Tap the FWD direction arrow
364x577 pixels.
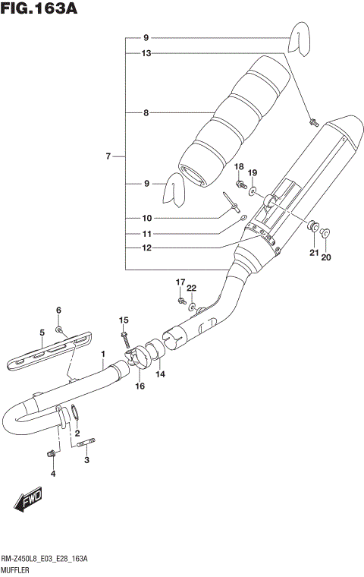pos(27,501)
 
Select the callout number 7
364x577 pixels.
pos(108,156)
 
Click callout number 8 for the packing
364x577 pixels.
pos(146,113)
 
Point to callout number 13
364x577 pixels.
pos(146,53)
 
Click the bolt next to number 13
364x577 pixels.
pos(312,121)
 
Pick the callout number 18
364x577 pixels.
pos(238,166)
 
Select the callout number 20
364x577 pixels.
pos(326,257)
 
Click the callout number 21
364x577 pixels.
pos(312,253)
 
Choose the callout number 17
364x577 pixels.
pos(180,282)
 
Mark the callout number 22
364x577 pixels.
pos(193,287)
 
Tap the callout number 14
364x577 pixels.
pos(160,374)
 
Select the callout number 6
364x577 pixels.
pos(58,311)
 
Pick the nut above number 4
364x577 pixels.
pos(52,454)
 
